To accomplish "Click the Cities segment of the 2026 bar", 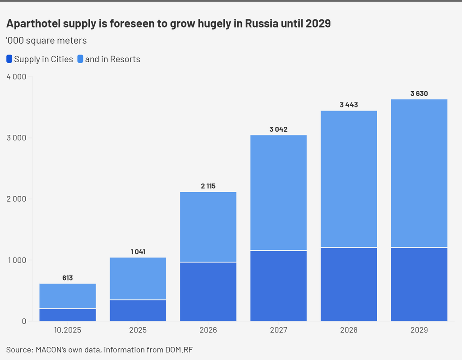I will (x=208, y=291).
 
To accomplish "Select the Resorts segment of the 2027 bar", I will (x=278, y=193).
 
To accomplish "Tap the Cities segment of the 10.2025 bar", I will (x=68, y=314).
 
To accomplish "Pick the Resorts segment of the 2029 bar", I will (x=419, y=173).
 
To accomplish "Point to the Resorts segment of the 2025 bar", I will (x=138, y=278).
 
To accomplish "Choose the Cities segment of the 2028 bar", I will (x=349, y=284).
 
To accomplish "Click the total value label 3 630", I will (x=419, y=94).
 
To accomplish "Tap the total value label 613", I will (x=68, y=278).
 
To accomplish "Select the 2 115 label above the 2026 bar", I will (x=208, y=186).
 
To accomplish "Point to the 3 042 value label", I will (x=278, y=129).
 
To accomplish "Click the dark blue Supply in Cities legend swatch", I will (x=9, y=59).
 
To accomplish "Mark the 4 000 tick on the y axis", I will (x=16, y=77).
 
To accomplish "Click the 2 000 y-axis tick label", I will (x=16, y=199).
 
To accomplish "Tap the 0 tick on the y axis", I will (x=24, y=321).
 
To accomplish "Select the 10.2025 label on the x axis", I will (x=68, y=330).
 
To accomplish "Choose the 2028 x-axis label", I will (x=349, y=330).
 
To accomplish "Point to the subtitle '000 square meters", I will (x=46, y=41).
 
